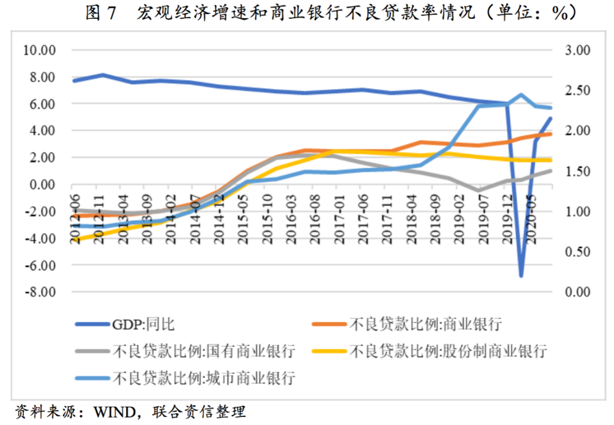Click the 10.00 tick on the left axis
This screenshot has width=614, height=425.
tap(39, 50)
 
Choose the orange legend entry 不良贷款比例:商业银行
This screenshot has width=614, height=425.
tap(425, 324)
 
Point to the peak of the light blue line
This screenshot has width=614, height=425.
tap(521, 94)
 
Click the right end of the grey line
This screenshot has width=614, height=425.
tap(550, 171)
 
